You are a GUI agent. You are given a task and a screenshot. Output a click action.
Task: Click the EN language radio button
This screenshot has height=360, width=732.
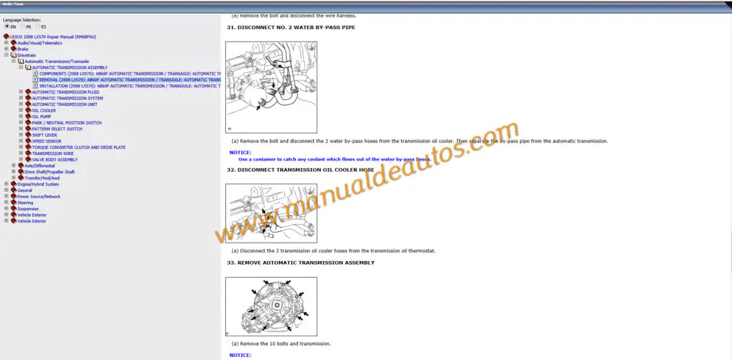tap(6, 26)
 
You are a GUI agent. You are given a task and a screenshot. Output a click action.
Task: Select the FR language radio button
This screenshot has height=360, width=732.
tap(23, 26)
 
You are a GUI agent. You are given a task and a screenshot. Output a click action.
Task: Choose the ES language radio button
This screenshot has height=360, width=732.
tap(38, 26)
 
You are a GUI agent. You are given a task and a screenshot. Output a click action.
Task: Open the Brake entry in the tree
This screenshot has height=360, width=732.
tap(23, 49)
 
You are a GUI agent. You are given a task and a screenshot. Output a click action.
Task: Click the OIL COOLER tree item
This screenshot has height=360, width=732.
tap(44, 111)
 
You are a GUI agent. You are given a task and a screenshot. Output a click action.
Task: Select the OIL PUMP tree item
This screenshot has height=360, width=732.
tap(42, 117)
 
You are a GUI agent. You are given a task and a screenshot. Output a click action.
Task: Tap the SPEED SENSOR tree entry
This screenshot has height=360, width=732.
tap(46, 141)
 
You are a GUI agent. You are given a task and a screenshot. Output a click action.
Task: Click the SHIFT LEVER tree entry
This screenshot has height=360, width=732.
tap(45, 135)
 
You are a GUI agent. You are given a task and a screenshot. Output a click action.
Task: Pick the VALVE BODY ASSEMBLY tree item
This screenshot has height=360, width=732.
tap(55, 160)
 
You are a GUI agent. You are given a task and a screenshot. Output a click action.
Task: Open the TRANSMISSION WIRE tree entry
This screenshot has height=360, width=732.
tap(53, 154)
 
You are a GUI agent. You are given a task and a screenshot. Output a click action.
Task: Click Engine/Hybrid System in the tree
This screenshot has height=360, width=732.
tap(38, 184)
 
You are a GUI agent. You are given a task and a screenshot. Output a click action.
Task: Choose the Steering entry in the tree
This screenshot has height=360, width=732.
tap(25, 203)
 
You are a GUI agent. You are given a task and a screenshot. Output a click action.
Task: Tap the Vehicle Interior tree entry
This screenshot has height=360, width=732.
tap(31, 221)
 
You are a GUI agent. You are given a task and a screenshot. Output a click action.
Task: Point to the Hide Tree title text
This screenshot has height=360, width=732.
tap(12, 4)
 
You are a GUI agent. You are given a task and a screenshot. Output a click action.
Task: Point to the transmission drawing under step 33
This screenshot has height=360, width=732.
tap(270, 306)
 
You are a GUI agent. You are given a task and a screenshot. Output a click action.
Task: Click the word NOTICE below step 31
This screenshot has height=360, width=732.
tap(240, 152)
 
